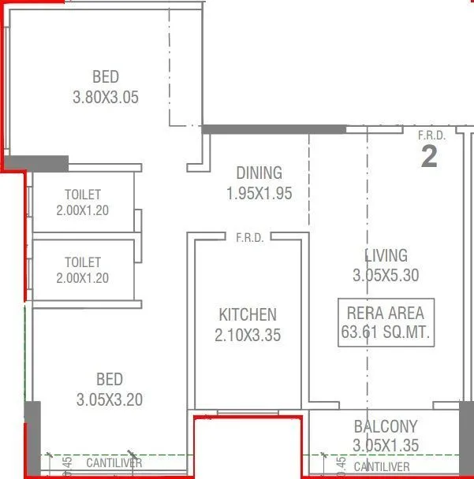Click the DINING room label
pos(259,173)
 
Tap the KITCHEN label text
pos(248,314)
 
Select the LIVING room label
pos(386,255)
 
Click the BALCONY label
pos(386,426)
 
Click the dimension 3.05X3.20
pos(110,399)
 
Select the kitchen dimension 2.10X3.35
pos(248,335)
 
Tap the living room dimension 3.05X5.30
pos(386,276)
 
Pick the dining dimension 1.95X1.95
pos(259,193)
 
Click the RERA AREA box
pos(386,321)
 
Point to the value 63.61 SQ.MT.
pos(386,332)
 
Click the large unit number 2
pos(429,157)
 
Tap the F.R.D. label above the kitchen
pos(250,236)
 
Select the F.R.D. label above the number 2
pos(431,136)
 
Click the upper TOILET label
pos(83,195)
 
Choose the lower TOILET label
pos(83,262)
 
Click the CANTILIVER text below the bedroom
pos(114,463)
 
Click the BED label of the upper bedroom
pos(106,77)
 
